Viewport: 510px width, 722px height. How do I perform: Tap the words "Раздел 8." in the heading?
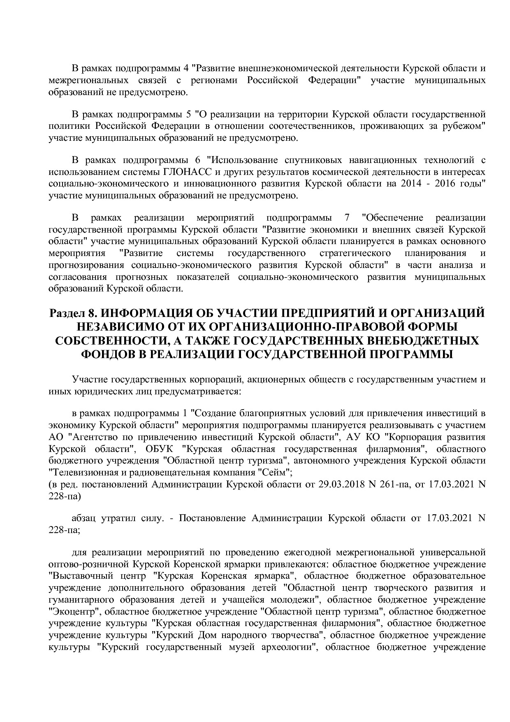point(72,314)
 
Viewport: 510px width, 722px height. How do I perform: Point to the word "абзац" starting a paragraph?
point(85,518)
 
